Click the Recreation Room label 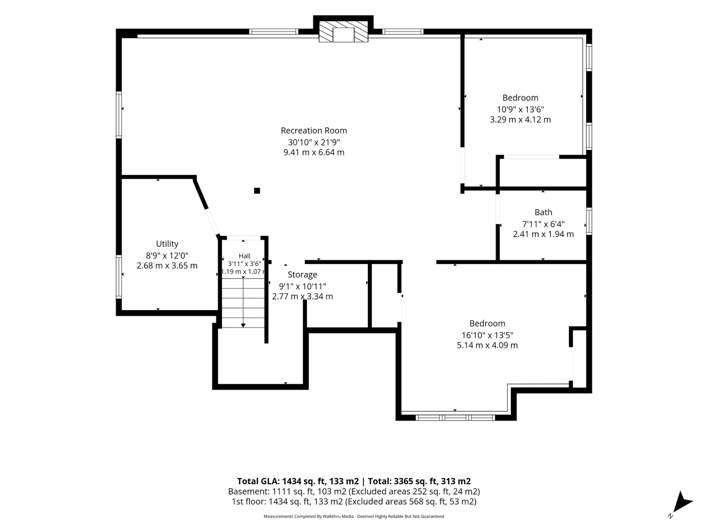pos(314,131)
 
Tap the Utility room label pos(167,244)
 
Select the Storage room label pos(302,275)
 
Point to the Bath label pos(543,212)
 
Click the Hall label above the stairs pos(244,256)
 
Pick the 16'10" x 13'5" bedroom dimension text pos(487,335)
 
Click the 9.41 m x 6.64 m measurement pos(314,152)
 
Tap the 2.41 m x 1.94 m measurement pos(543,234)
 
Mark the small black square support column pos(257,191)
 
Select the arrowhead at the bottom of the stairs pos(243,325)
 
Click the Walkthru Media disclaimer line pos(354,516)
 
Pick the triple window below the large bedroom pos(455,418)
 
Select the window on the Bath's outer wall pos(589,221)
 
